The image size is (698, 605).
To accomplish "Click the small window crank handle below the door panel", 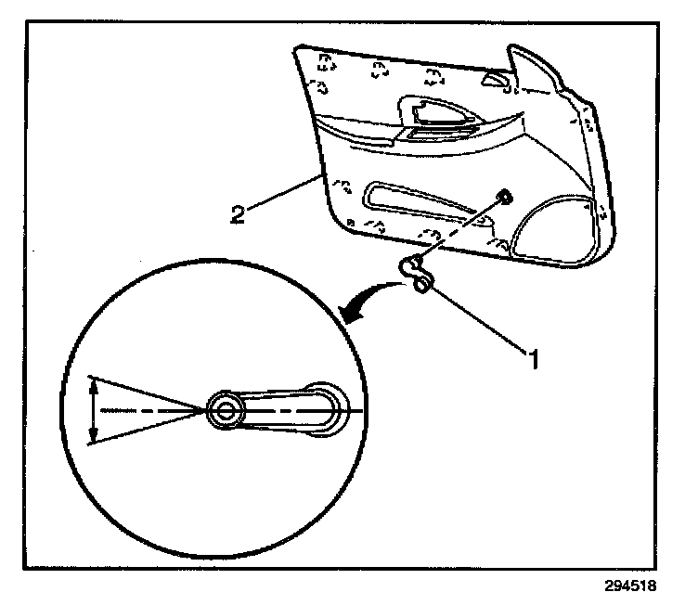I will coord(416,275).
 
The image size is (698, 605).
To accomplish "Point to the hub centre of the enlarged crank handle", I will coord(223,409).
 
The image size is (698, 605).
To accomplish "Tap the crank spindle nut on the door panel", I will coord(502,195).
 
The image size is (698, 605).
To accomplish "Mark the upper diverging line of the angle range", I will coord(149,392).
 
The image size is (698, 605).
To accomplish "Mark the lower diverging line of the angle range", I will coord(149,427).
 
